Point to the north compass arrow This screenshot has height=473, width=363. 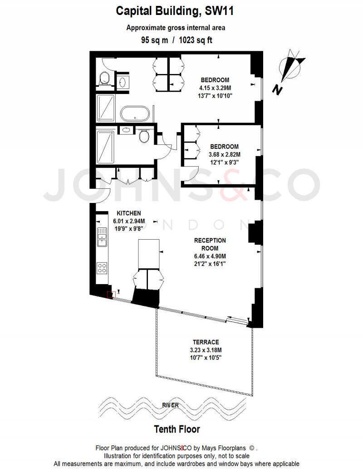pyautogui.click(x=291, y=66)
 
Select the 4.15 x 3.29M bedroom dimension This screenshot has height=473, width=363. pyautogui.click(x=215, y=88)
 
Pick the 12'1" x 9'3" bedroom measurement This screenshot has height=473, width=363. pyautogui.click(x=224, y=162)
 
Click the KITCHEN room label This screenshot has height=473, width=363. pyautogui.click(x=129, y=213)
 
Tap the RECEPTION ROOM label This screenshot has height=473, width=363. pyautogui.click(x=210, y=244)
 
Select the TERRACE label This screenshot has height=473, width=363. pyautogui.click(x=205, y=342)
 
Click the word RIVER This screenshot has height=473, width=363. pyautogui.click(x=171, y=405)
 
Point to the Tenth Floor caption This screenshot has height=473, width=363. pyautogui.click(x=177, y=429)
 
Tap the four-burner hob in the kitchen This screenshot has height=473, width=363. pyautogui.click(x=102, y=267)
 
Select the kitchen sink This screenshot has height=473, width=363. pyautogui.click(x=102, y=236)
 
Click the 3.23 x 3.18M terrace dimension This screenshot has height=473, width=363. pyautogui.click(x=206, y=350)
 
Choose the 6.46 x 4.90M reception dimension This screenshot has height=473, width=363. pyautogui.click(x=210, y=256)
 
